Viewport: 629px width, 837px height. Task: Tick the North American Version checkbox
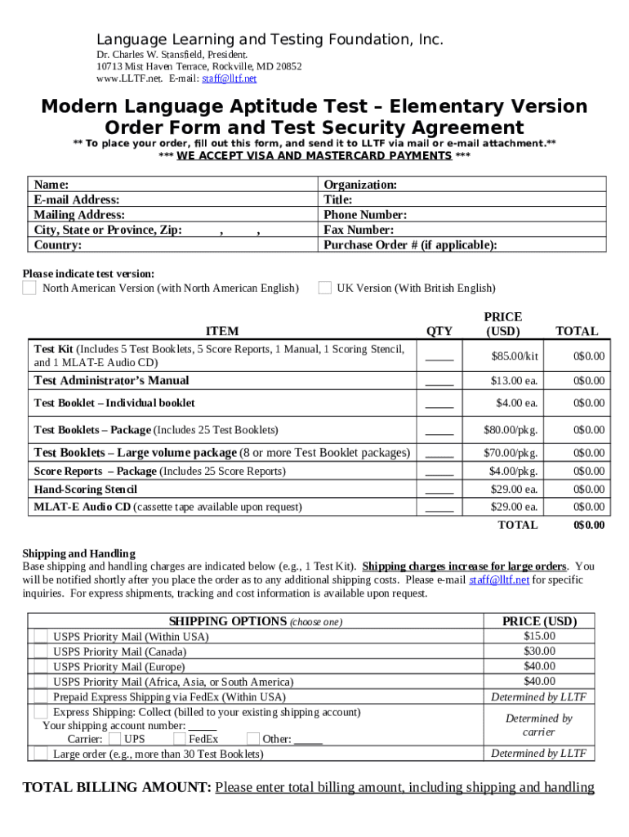pos(29,288)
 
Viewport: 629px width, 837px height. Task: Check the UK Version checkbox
pos(324,288)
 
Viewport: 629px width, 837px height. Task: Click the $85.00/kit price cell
pos(515,356)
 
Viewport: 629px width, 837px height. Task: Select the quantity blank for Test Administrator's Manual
pos(439,381)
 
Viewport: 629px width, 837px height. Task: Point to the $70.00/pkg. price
pos(514,453)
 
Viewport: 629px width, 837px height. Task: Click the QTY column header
pos(439,331)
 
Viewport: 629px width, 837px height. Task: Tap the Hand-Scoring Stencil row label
pos(86,490)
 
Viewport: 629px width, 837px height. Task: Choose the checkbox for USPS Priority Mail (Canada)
pos(40,651)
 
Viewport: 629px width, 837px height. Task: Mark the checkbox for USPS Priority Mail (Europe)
pos(40,666)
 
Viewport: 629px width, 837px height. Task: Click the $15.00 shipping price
pos(539,636)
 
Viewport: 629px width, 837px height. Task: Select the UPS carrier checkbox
pos(115,739)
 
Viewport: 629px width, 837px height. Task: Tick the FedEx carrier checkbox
pos(181,739)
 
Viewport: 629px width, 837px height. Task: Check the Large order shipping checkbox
pos(40,754)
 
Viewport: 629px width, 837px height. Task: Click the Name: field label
pos(51,185)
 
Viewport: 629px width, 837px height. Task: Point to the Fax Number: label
pos(359,231)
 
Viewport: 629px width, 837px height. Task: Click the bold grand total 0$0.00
pos(589,526)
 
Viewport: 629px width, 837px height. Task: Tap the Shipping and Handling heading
pos(78,553)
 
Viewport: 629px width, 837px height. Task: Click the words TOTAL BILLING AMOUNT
pos(117,788)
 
